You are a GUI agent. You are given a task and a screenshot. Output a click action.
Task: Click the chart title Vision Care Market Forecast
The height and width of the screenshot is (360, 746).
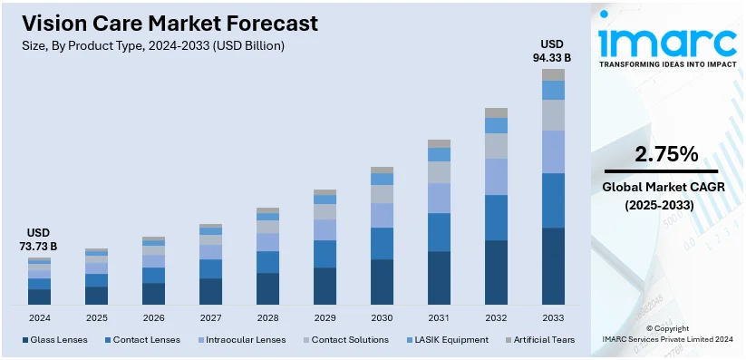point(170,23)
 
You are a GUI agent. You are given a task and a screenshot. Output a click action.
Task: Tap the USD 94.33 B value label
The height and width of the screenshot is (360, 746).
point(552,52)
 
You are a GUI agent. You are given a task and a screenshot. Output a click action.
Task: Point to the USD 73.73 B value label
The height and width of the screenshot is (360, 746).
point(39,239)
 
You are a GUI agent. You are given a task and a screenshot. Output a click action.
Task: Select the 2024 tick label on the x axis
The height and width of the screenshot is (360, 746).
point(39,318)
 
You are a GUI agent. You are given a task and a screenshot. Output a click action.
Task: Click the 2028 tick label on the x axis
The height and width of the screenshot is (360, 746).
point(267,318)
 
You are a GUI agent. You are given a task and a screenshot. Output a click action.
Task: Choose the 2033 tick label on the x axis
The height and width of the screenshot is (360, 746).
point(553,318)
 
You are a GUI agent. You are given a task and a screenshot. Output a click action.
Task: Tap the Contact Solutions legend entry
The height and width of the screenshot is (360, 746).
point(349,340)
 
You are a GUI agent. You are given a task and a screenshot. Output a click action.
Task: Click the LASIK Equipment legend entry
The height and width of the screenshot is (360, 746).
point(451,340)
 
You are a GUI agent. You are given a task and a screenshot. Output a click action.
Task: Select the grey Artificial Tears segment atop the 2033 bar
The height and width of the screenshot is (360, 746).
point(553,74)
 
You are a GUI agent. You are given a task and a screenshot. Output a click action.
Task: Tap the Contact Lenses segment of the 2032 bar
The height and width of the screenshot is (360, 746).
point(496,218)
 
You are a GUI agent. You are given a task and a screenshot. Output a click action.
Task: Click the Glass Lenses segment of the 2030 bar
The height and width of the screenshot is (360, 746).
point(382,282)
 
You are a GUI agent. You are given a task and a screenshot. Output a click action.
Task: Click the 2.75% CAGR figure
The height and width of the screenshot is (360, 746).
point(666,154)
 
